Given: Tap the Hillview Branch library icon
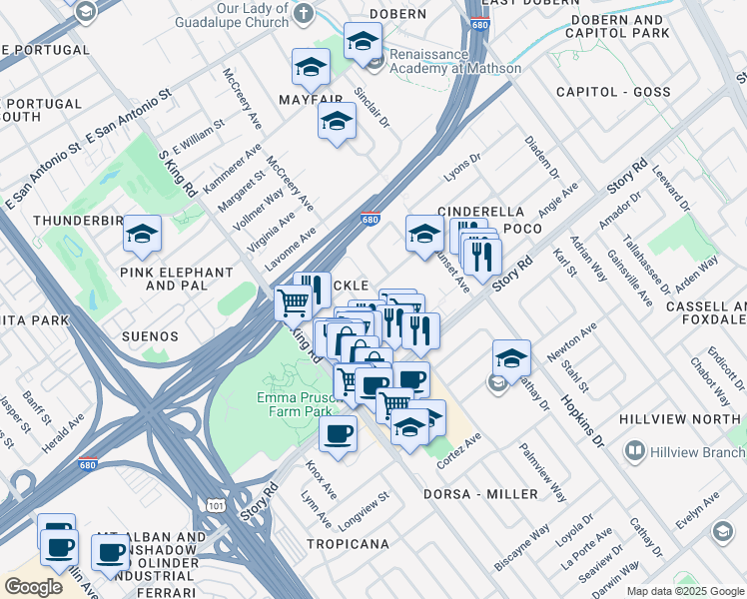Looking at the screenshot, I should (633, 452).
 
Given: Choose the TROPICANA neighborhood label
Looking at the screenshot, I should (348, 544).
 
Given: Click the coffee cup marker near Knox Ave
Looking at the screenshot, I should (338, 434).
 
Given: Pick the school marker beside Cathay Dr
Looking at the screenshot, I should (511, 357).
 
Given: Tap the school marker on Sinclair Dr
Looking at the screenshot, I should (337, 121).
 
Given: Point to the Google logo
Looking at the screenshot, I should (33, 587).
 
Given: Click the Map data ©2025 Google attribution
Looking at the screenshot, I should (685, 591).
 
